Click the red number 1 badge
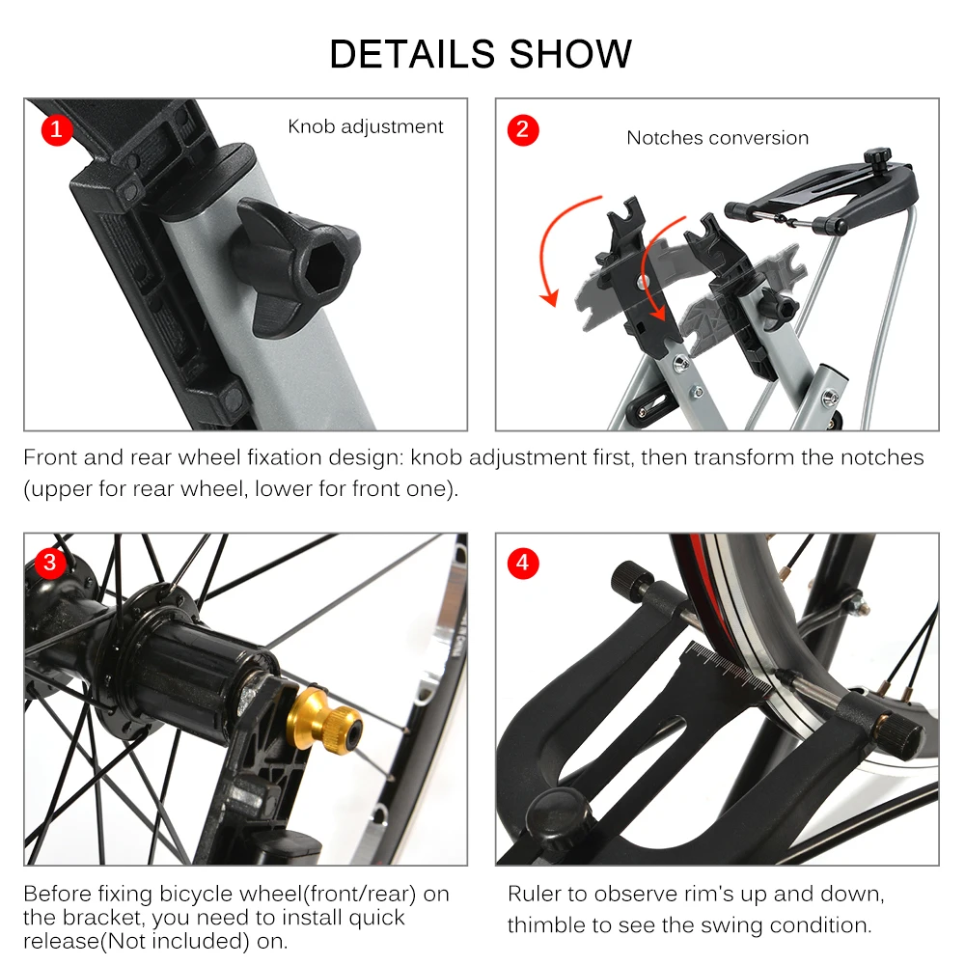click(57, 129)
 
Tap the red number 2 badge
click(522, 130)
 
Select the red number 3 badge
click(50, 563)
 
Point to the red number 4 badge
click(522, 563)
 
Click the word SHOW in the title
click(570, 53)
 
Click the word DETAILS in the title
click(412, 53)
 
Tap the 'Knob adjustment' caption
click(366, 126)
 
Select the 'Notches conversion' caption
click(718, 138)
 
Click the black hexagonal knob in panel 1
click(295, 263)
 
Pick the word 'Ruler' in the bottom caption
click(534, 894)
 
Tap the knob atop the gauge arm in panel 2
click(877, 154)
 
